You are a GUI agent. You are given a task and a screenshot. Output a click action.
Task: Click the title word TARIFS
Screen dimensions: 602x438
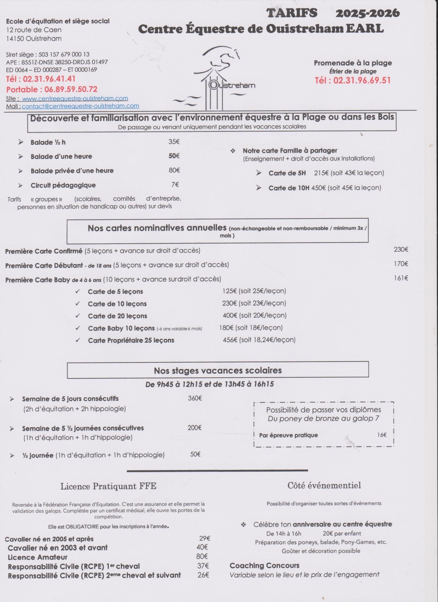292,13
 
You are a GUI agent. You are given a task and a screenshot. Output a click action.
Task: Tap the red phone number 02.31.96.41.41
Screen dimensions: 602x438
49,79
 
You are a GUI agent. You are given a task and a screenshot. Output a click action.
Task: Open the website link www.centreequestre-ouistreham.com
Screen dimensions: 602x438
75,98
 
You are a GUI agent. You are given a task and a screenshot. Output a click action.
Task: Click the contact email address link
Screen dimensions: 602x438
80,106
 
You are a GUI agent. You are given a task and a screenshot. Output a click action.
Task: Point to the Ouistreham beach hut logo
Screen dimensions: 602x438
215,80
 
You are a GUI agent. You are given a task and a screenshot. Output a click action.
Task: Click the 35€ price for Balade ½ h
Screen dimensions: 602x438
174,142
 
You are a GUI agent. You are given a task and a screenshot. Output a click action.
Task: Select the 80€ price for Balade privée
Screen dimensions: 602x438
174,170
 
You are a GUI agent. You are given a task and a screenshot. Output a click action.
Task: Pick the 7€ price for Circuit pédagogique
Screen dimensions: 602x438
175,184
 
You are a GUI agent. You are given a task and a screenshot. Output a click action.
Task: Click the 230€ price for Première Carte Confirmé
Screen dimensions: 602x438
401,249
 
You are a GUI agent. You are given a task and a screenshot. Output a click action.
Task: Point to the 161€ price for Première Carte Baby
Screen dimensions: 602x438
401,278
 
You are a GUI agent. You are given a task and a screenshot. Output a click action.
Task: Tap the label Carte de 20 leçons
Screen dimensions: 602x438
117,316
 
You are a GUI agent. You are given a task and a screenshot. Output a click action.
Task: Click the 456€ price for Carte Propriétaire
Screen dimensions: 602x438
230,340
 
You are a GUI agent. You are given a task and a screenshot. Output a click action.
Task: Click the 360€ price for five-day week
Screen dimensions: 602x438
195,398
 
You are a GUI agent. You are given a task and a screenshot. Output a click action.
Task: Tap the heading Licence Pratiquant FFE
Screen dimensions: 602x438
108,486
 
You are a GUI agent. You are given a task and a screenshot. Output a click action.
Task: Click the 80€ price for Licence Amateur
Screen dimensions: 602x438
202,556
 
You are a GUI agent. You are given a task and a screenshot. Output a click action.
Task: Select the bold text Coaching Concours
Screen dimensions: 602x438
265,565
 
